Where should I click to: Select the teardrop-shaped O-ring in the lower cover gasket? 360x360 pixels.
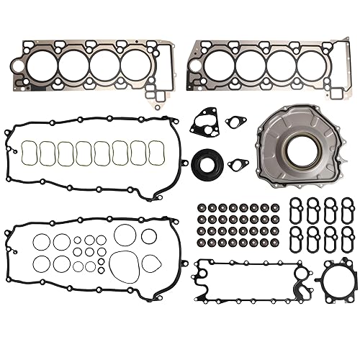point(151,263)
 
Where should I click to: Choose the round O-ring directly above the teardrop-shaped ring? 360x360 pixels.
point(149,236)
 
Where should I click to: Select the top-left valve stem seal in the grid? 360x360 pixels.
point(201,208)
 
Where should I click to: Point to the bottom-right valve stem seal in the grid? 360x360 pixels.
point(276,243)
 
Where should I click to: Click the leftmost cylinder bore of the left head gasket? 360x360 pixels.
point(41,67)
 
